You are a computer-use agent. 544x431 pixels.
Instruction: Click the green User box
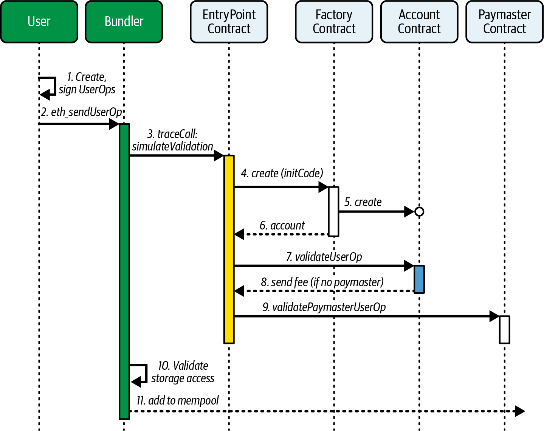tap(39, 22)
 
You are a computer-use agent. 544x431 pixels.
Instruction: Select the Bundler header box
tap(124, 22)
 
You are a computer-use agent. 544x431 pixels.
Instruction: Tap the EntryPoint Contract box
tap(229, 22)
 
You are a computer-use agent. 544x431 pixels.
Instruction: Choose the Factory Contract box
tap(334, 22)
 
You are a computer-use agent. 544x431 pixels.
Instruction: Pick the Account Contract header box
tap(419, 22)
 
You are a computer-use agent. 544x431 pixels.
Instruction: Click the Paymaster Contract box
tap(504, 22)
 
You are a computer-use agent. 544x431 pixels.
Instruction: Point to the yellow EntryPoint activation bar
tap(229, 250)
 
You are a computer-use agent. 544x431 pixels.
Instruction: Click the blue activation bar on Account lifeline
tap(419, 279)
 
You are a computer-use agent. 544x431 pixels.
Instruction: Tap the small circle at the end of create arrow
tap(419, 211)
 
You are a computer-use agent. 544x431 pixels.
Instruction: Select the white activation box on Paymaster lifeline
tap(504, 330)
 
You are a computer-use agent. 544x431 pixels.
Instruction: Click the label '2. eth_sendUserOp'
tap(81, 112)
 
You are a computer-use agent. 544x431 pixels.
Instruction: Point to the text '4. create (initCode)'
tap(282, 173)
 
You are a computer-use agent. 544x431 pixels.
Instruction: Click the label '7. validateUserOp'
tap(324, 257)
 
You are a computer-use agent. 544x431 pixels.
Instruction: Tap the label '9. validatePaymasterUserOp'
tap(324, 307)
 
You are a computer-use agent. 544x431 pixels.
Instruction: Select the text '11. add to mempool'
tap(178, 400)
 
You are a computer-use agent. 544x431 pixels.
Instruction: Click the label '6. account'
tap(282, 226)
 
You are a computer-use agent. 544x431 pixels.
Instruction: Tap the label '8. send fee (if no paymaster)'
tap(322, 282)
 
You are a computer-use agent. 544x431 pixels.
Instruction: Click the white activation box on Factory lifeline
tap(333, 211)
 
